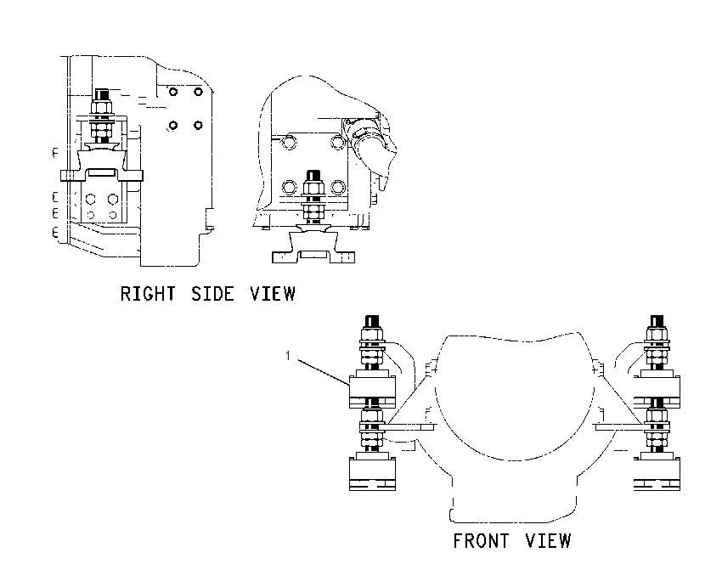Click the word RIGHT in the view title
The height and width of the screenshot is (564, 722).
point(148,294)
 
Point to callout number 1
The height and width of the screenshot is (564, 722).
point(288,356)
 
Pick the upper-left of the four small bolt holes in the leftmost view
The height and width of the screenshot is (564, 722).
point(173,92)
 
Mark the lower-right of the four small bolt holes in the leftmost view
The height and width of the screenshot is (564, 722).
point(199,125)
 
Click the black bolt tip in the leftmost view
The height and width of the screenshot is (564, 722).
point(102,95)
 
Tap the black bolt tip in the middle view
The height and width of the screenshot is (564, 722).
point(313,176)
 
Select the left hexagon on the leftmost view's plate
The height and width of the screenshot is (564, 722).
point(90,200)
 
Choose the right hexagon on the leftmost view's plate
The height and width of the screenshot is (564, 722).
point(113,200)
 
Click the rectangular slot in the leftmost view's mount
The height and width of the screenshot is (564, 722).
point(102,172)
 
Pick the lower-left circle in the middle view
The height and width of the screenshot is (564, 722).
point(289,188)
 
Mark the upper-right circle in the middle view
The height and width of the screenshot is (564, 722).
point(338,142)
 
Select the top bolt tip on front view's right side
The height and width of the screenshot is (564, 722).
point(657,321)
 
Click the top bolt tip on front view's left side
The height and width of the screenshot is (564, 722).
point(372,321)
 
